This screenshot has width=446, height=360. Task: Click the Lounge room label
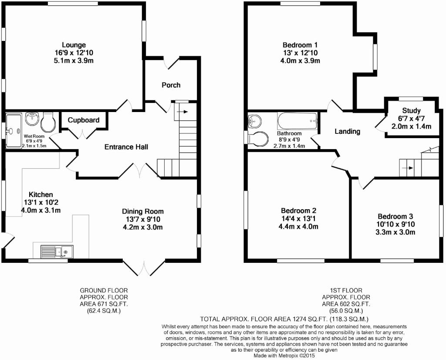coord(74,45)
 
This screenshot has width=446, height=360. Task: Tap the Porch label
coord(171,85)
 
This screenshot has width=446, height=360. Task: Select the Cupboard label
coord(84,120)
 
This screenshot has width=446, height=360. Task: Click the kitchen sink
coord(57,251)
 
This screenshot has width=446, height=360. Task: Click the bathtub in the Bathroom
coord(297,121)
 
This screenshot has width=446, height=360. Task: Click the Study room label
coord(411,110)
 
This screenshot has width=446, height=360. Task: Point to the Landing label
coord(347,131)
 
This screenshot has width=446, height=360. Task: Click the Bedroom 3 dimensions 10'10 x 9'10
coord(395,224)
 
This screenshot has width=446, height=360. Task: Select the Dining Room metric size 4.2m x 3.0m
coord(142,227)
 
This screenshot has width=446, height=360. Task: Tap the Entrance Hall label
coord(126,147)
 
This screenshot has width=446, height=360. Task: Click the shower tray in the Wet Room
coord(14,131)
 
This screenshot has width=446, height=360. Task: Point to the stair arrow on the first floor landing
coord(408,168)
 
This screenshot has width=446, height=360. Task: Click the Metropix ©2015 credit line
coord(284,356)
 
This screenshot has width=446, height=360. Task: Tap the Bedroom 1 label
coord(300,45)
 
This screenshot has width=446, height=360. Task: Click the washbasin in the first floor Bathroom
coord(254,121)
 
